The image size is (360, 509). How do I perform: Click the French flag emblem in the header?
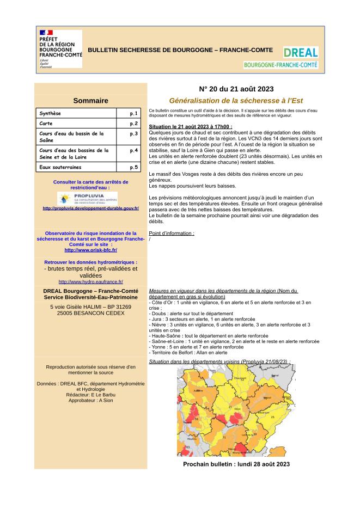click(46, 33)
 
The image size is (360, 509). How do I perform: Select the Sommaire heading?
click(90, 101)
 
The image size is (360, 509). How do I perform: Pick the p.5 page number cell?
click(134, 167)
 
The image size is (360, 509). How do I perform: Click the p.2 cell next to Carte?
click(134, 124)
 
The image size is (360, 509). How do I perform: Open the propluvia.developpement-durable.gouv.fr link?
click(90, 208)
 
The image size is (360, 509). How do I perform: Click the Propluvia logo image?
click(90, 198)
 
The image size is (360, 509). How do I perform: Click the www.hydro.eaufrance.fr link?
click(90, 282)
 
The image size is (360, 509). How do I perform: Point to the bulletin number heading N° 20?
click(236, 89)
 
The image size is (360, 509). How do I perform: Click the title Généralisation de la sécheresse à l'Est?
click(236, 100)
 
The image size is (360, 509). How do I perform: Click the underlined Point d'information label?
click(171, 233)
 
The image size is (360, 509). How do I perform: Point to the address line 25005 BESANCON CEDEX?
click(90, 314)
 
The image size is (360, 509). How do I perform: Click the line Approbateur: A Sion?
click(90, 400)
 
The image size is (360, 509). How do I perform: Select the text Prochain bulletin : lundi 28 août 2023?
click(236, 464)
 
